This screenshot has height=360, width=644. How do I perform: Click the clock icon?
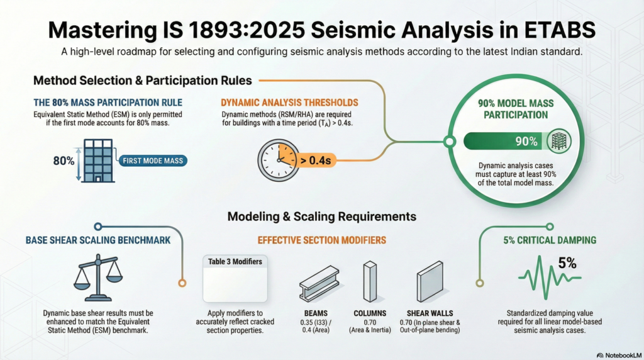tap(279, 160)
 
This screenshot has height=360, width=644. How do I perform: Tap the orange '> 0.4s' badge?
tap(316, 160)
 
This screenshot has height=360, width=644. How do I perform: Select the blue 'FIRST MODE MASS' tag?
tap(153, 160)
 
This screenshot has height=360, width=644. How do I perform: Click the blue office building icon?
tap(97, 160)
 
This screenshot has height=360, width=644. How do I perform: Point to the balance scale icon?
tap(97, 277)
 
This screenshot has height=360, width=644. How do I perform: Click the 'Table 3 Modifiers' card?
tap(235, 279)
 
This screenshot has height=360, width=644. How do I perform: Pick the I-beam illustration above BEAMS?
tap(319, 283)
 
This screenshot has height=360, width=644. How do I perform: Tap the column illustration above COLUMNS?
tap(370, 282)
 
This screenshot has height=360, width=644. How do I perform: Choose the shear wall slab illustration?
tap(430, 282)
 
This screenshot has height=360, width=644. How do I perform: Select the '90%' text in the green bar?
tap(526, 142)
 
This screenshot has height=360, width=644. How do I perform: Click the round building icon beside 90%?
tap(558, 142)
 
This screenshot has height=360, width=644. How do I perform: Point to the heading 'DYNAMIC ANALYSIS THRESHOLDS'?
tap(289, 103)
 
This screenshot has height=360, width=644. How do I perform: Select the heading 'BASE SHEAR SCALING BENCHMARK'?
tap(97, 240)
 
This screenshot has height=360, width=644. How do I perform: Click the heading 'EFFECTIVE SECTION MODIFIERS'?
tap(321, 240)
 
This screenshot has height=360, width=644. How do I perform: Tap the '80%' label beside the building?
tap(64, 160)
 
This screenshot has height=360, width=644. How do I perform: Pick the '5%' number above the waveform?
tap(567, 263)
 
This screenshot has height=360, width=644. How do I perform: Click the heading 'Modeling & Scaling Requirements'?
tap(321, 217)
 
